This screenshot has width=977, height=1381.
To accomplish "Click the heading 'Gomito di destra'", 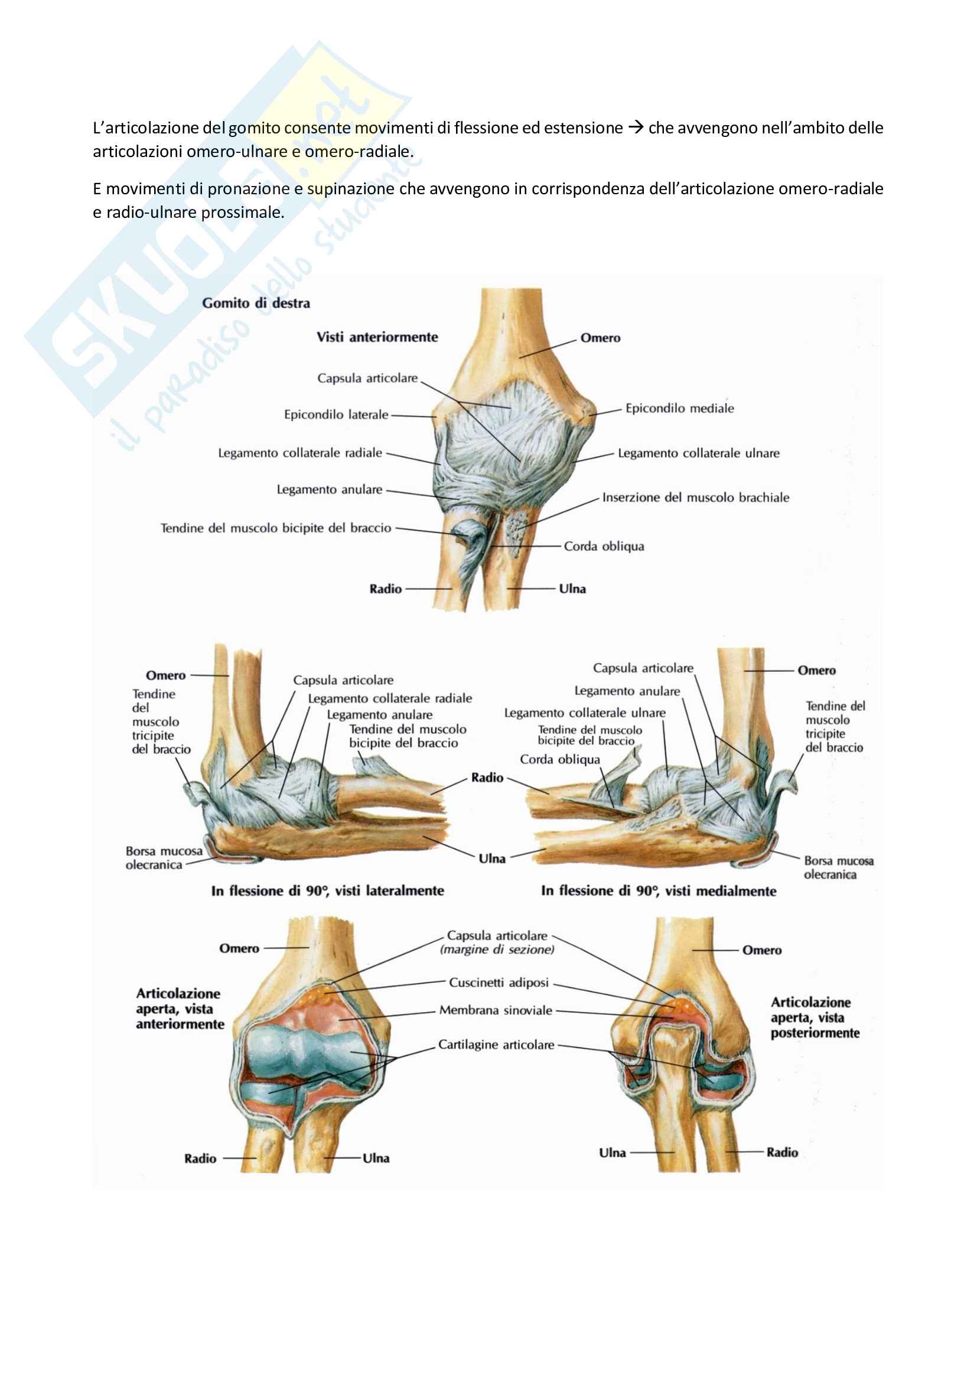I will point(256,303).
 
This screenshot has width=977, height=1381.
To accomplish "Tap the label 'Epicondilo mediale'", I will point(679,409).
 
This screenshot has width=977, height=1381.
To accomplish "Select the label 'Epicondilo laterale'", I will point(336,414).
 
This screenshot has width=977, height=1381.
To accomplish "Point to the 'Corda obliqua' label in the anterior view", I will point(604,546).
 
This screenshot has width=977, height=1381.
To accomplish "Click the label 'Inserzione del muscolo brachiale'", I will point(695,497).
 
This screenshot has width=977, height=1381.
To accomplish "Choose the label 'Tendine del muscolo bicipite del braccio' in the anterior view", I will point(275,528).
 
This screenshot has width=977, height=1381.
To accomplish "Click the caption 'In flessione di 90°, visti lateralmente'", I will point(327,891).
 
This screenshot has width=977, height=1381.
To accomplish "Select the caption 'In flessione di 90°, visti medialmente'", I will point(658,891).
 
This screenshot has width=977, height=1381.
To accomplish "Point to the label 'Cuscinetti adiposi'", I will point(499,982).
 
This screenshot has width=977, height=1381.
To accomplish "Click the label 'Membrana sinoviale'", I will point(495,1010).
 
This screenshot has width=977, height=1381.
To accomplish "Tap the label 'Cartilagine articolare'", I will point(496,1045).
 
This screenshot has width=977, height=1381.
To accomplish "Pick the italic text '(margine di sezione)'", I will point(497,950).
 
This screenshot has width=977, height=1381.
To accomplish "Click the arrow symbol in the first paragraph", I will point(636,128).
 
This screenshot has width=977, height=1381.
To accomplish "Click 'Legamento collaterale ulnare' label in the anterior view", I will point(698,453).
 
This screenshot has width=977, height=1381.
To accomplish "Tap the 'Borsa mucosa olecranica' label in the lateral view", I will point(163,858).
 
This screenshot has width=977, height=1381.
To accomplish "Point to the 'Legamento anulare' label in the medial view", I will point(627,691).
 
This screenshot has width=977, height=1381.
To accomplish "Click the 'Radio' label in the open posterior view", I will point(781,1153).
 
